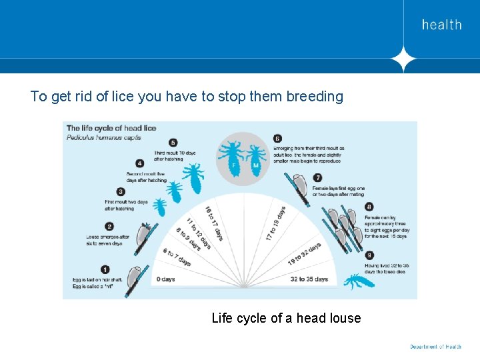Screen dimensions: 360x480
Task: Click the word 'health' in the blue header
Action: [441, 25]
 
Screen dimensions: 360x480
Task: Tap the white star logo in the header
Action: [403, 59]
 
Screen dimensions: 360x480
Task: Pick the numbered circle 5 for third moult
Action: [173, 142]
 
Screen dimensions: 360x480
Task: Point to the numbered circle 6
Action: [277, 139]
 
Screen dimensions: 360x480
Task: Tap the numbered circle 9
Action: [369, 254]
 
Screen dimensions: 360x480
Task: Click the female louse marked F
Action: [233, 159]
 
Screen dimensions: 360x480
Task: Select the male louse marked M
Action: [255, 161]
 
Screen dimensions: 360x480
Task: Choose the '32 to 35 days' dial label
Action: [308, 279]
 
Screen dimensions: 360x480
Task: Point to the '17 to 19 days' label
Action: [275, 223]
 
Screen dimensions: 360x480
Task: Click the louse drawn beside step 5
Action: [194, 177]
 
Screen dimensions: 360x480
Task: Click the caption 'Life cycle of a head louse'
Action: [286, 318]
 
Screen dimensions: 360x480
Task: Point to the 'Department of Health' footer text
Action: [435, 347]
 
